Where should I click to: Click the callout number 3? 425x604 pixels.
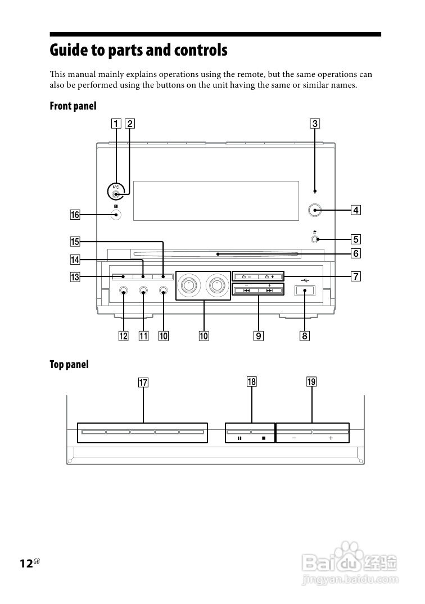(315, 124)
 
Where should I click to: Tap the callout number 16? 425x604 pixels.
(75, 215)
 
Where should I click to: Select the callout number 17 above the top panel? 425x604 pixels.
(143, 383)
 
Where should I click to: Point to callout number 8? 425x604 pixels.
(304, 336)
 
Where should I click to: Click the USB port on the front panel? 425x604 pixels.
(305, 290)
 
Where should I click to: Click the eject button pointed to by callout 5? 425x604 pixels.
(315, 239)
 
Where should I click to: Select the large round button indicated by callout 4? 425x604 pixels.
(315, 210)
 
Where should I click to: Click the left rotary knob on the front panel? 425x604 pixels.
(189, 285)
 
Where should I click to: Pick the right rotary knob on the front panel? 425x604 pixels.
(218, 285)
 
